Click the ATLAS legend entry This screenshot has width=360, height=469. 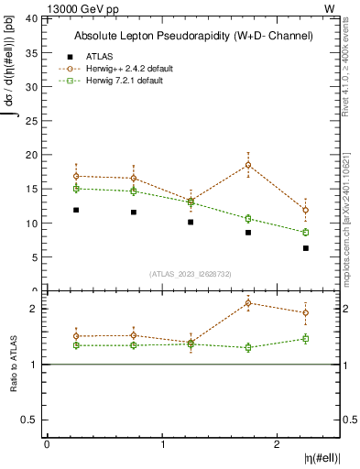click(98, 56)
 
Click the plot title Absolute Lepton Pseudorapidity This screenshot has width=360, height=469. click(193, 36)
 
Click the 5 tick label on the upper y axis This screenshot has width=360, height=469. click(35, 257)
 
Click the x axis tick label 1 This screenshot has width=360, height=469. click(162, 444)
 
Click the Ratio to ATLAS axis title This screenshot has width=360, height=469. click(14, 364)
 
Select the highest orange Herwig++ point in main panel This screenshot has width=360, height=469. click(248, 166)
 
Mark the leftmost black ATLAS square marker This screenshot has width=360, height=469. click(76, 210)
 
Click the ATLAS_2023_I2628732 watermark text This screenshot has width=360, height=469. click(191, 273)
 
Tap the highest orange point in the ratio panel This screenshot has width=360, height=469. click(248, 303)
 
